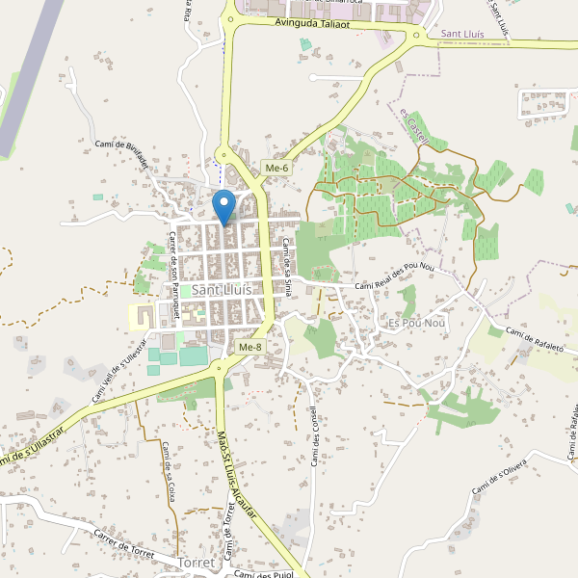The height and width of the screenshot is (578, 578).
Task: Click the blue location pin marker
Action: (x=224, y=207)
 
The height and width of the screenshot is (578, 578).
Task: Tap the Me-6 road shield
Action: (x=276, y=169)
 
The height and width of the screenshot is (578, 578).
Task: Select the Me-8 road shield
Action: (x=249, y=347)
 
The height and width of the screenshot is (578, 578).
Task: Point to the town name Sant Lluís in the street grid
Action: (x=222, y=289)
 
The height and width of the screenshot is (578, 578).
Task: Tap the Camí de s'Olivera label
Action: (x=504, y=478)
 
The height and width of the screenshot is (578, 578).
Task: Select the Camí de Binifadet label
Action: (x=120, y=153)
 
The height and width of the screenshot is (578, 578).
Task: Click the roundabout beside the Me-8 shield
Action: (x=223, y=365)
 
